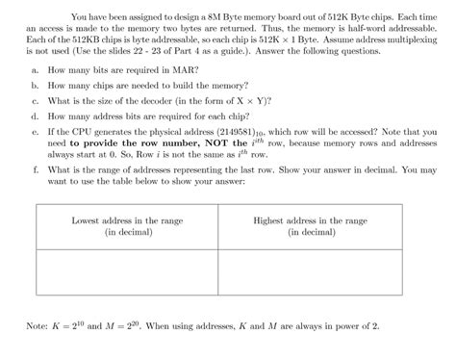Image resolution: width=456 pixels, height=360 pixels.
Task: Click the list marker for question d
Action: click(35, 115)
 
